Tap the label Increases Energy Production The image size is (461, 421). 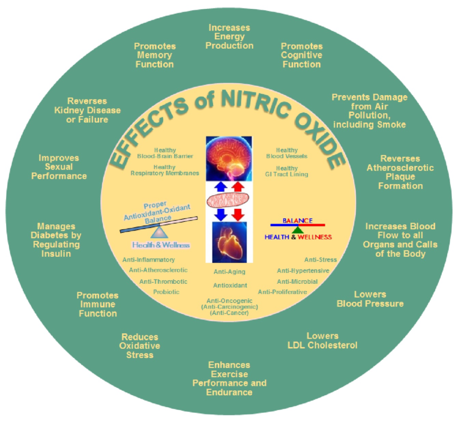pos(229,37)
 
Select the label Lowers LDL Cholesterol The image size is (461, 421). pos(323,340)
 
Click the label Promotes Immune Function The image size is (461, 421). pos(97,304)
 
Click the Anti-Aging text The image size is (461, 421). pos(229,272)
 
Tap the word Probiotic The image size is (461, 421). pos(166,292)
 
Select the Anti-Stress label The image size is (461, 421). pos(320,260)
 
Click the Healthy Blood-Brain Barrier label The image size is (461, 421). pos(164,153)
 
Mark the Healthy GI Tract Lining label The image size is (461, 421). pos(287,171)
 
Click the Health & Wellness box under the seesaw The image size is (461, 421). pos(161,245)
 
